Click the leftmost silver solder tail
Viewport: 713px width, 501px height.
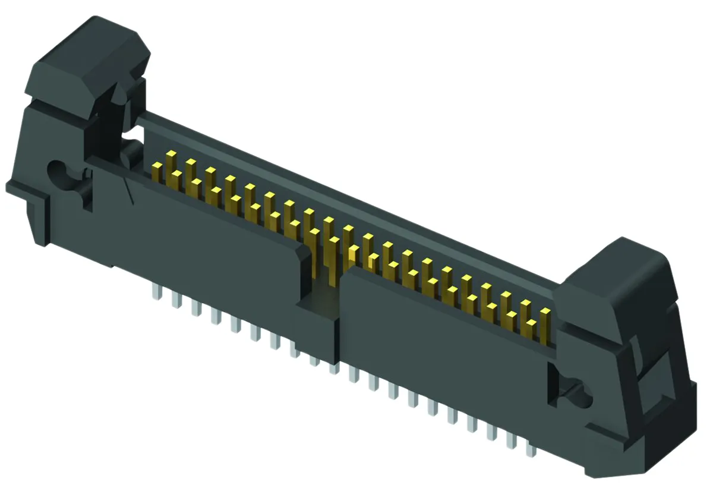click(157, 291)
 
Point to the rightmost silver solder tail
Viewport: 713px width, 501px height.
click(531, 450)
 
